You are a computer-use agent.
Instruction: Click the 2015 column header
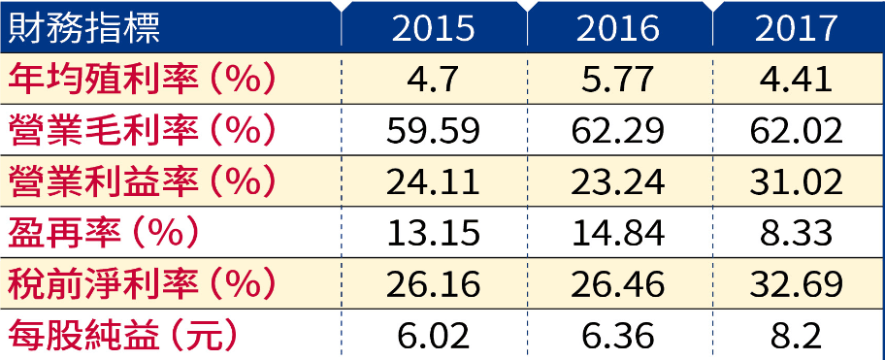(433, 27)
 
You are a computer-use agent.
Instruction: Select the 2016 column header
(617, 27)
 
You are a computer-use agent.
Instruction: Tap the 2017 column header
(796, 27)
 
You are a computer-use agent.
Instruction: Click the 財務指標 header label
(84, 27)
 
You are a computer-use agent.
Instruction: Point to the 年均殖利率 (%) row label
(142, 79)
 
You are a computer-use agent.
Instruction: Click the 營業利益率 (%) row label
(142, 181)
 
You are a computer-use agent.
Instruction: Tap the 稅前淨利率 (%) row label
(142, 283)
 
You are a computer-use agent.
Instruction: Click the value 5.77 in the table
(617, 80)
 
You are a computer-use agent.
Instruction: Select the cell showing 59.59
(433, 131)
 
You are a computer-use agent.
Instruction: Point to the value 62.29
(617, 131)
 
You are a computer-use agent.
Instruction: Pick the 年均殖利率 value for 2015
(433, 80)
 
